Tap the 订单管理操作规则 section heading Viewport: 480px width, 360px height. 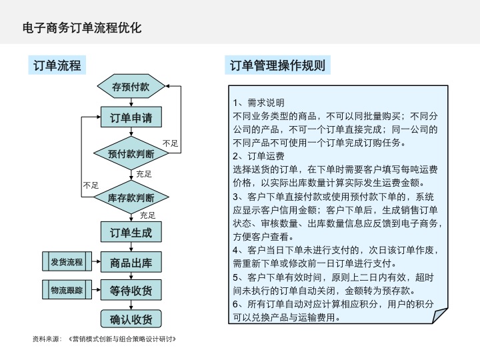277,65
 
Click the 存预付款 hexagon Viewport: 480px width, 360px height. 131,87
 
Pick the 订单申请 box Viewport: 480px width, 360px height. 131,118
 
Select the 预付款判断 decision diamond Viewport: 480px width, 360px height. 131,153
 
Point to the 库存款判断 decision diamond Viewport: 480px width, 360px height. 131,198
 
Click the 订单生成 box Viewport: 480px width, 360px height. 131,233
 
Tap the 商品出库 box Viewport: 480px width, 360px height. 131,263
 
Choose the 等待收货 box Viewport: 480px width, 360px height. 131,291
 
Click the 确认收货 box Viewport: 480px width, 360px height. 131,319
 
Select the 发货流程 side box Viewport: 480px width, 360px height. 67,262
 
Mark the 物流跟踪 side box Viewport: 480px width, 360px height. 67,291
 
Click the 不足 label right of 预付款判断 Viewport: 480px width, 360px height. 171,143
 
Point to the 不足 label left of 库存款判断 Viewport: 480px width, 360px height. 91,185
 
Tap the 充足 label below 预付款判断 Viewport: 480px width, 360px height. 144,174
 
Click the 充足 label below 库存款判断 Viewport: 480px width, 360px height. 147,215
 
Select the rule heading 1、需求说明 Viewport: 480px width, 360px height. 259,103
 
